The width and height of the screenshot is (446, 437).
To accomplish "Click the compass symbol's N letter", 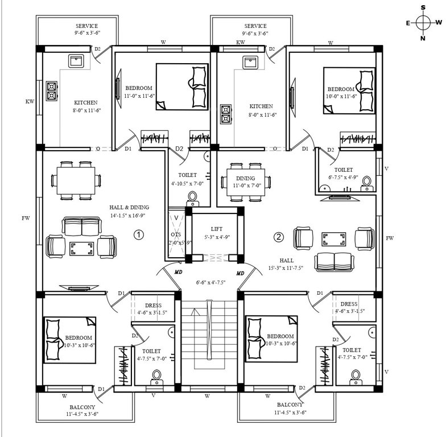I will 423,38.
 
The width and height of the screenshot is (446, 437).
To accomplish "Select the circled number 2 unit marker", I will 278,237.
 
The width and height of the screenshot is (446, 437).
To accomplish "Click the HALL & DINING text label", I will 129,208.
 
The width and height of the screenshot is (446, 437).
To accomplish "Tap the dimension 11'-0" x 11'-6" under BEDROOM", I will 138,96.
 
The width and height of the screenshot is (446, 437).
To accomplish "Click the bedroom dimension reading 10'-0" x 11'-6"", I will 342,97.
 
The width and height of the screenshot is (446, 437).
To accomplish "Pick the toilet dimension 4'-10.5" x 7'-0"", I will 187,183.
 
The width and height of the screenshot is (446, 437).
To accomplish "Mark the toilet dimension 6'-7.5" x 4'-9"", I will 343,178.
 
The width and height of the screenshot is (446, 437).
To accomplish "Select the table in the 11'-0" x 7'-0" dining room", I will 246,182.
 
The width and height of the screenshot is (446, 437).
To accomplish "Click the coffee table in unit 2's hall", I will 333,238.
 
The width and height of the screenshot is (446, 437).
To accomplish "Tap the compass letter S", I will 423,7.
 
